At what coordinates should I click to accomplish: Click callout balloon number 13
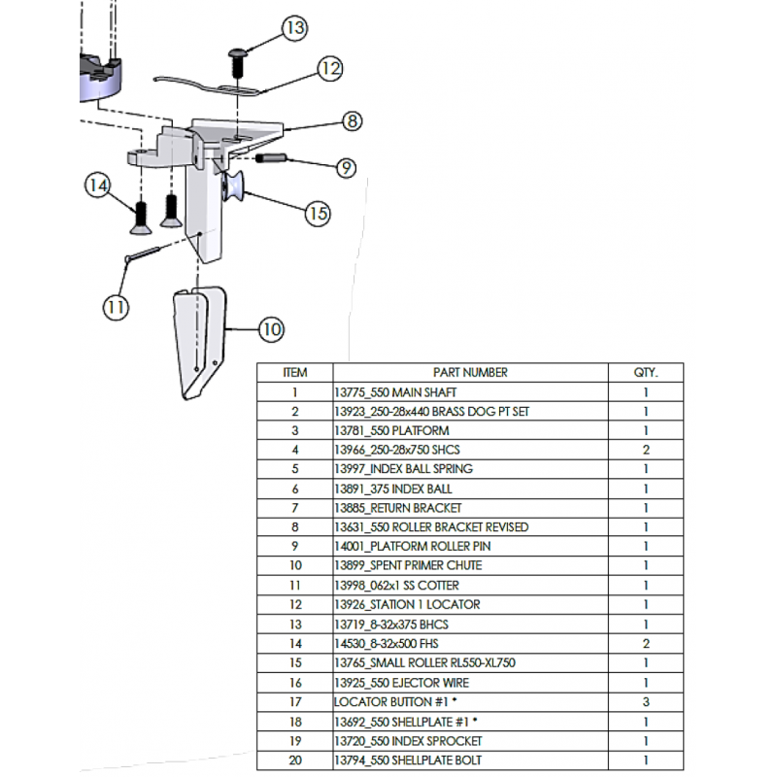295,29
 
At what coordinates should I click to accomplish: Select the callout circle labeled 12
330,69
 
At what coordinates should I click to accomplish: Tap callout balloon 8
352,121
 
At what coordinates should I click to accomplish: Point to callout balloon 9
346,167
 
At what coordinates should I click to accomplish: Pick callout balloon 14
96,185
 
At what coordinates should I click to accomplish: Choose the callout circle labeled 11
116,307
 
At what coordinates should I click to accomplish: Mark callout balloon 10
271,330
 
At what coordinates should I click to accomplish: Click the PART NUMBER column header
470,372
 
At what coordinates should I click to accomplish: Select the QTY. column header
645,372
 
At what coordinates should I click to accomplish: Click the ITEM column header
294,372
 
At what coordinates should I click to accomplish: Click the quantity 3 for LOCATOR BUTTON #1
645,701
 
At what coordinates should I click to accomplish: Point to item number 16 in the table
294,682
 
